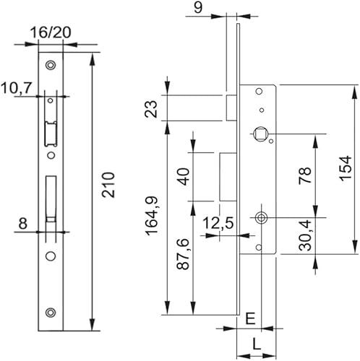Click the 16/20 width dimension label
tap(51, 32)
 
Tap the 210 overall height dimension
tap(108, 185)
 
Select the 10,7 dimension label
tap(17, 88)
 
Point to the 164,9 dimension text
tap(152, 216)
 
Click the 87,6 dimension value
tap(183, 254)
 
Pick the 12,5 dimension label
tap(218, 223)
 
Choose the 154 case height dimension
tap(345, 168)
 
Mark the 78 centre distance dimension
tap(305, 175)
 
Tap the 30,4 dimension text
tap(305, 235)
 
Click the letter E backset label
tap(250, 319)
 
